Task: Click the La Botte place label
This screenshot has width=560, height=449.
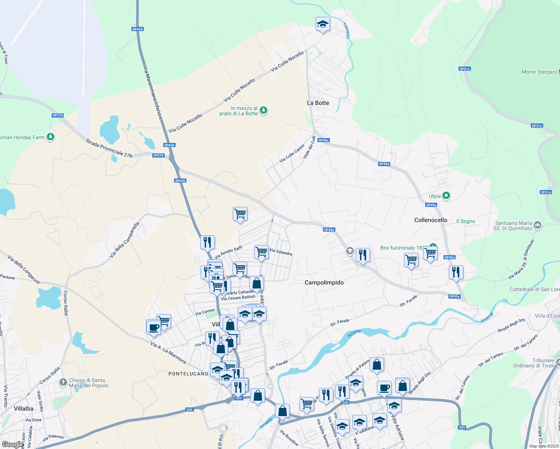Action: [318, 103]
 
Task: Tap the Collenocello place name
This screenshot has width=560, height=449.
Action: [430, 220]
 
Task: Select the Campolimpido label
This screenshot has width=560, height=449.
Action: [324, 282]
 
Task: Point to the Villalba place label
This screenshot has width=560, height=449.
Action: [24, 409]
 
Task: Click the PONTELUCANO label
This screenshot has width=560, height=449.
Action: [188, 374]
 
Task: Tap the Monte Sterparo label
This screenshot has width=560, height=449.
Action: [539, 72]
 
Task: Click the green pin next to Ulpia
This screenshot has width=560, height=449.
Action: [446, 195]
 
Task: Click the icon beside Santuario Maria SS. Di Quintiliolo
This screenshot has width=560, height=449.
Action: [538, 225]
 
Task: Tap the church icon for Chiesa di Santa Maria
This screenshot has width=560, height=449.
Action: [63, 382]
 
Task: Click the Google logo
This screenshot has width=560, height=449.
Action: [12, 444]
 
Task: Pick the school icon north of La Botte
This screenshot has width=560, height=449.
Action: [322, 24]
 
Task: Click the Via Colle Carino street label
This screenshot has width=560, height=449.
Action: [292, 153]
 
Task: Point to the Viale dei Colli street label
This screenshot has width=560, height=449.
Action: [309, 147]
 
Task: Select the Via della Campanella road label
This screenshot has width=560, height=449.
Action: [124, 240]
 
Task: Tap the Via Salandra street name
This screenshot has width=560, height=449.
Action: [281, 252]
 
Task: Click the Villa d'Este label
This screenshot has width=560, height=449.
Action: [547, 316]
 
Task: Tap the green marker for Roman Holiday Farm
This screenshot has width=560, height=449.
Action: [51, 137]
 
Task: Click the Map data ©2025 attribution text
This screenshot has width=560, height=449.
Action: [544, 446]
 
